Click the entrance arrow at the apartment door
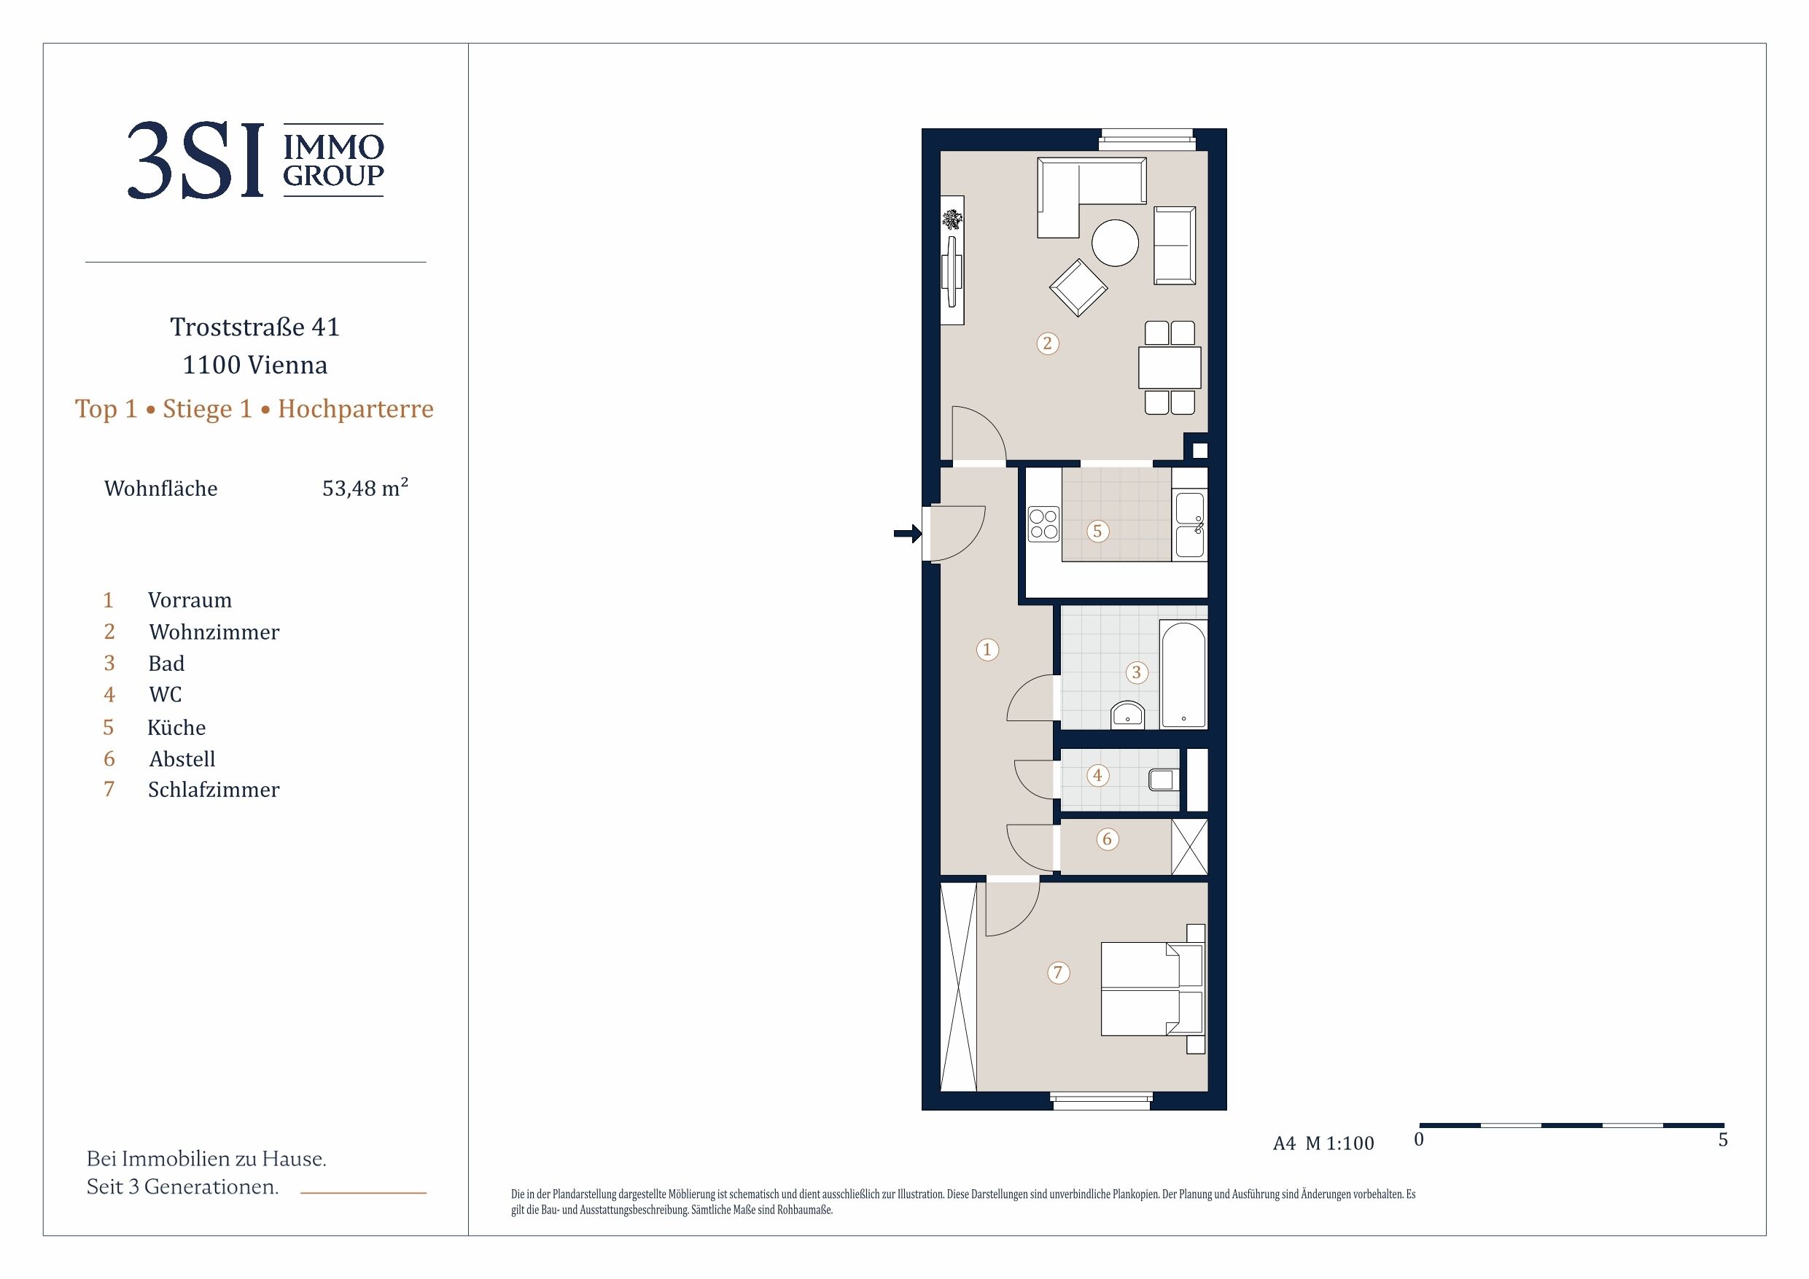coord(908,534)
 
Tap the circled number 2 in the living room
coord(1047,343)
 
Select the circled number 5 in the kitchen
coord(1097,531)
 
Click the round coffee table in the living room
coord(1115,243)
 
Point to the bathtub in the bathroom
coord(1183,675)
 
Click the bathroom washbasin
coord(1127,715)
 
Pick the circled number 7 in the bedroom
coord(1058,973)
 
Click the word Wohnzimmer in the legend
coord(214,632)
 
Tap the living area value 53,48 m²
coord(365,488)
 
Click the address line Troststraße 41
coord(255,327)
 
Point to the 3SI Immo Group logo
coord(255,160)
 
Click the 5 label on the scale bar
coord(1723,1140)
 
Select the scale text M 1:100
coord(1339,1143)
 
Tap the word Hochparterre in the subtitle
coord(356,409)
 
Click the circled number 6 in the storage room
coord(1107,839)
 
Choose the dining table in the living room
coord(1170,368)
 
